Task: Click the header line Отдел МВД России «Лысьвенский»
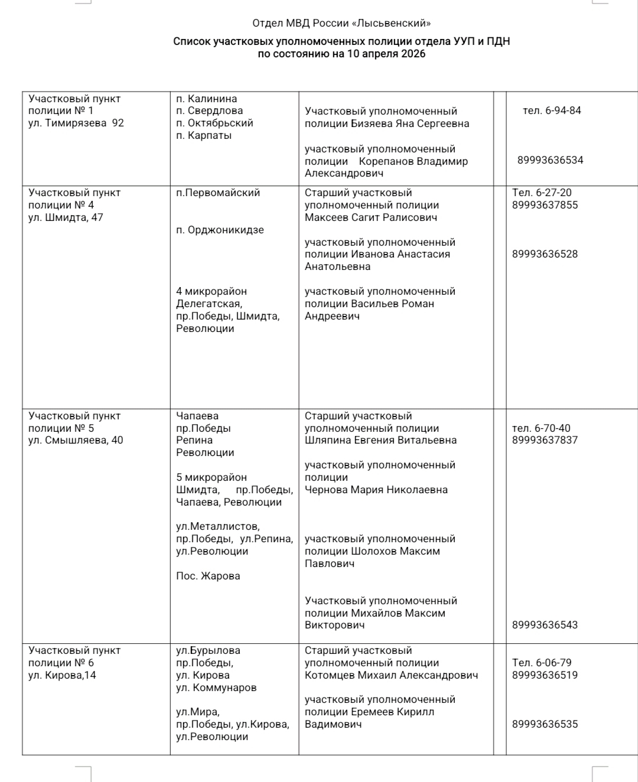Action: tap(341, 24)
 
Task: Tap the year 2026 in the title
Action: tap(413, 54)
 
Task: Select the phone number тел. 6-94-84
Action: tap(552, 110)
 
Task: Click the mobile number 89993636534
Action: tap(550, 160)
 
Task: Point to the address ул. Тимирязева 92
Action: tap(76, 123)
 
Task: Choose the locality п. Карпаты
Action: tap(204, 135)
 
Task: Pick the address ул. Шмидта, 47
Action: tap(66, 217)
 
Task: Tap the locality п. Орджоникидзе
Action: tap(220, 230)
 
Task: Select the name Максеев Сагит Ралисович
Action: tap(371, 217)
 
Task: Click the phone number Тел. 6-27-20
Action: tap(542, 193)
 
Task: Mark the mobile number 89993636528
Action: tap(545, 254)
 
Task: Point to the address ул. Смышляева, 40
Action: tap(76, 440)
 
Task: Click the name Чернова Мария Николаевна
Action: tap(376, 490)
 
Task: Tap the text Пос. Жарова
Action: tap(208, 576)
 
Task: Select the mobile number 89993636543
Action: tap(545, 625)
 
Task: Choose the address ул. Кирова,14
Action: tap(62, 675)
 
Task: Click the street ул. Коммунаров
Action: tap(216, 687)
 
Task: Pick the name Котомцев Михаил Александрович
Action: tap(391, 675)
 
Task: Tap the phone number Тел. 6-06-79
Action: tap(542, 663)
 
